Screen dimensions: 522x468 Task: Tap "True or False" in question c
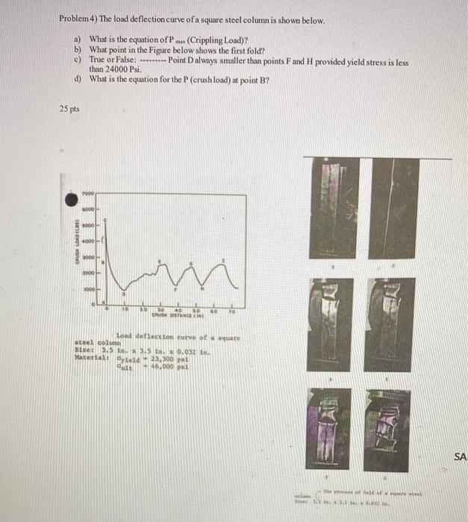pos(111,57)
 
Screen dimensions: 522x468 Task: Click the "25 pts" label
pos(69,109)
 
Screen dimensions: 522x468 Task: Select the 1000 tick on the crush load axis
pos(89,287)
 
